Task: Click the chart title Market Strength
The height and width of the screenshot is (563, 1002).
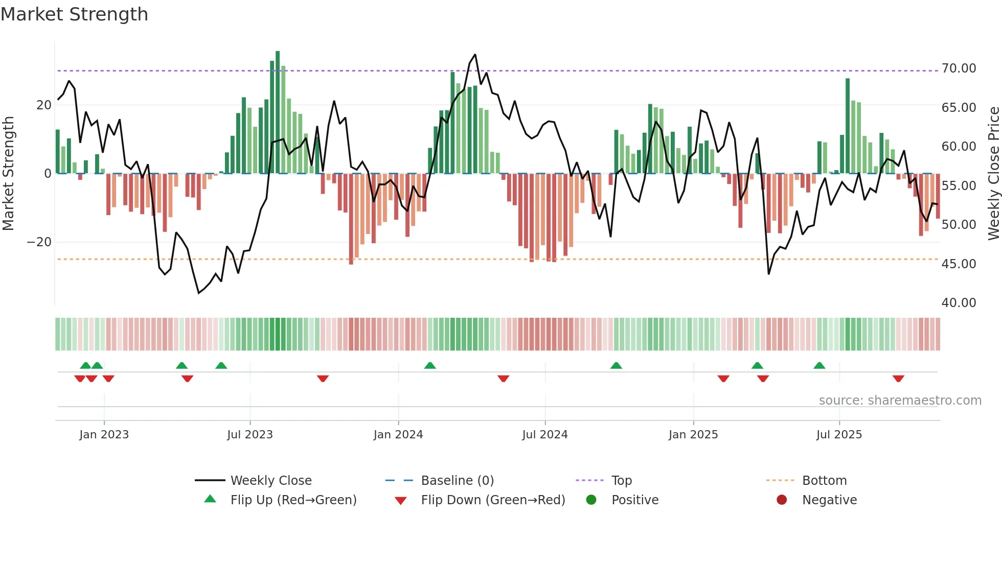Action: [x=75, y=14]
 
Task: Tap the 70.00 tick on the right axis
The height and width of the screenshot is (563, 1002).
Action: [x=959, y=68]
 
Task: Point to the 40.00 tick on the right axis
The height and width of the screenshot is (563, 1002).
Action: [x=959, y=303]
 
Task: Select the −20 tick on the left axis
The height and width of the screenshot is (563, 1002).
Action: [x=39, y=242]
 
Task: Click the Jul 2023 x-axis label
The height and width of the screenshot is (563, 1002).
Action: [x=250, y=435]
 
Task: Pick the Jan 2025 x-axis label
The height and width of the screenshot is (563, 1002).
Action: [x=693, y=435]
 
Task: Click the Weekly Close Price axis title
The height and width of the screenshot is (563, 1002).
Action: [x=993, y=173]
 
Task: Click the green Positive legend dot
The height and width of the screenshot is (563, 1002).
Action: [x=591, y=500]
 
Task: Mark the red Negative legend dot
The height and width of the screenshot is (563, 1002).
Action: [x=782, y=500]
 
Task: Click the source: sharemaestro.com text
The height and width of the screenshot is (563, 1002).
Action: [x=900, y=401]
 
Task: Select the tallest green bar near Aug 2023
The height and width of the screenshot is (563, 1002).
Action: [x=278, y=112]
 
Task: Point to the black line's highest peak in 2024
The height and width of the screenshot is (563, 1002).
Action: [x=475, y=55]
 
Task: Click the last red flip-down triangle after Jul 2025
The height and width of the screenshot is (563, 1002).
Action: [x=898, y=379]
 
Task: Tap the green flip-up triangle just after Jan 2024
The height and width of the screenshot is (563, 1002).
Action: [x=430, y=366]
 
